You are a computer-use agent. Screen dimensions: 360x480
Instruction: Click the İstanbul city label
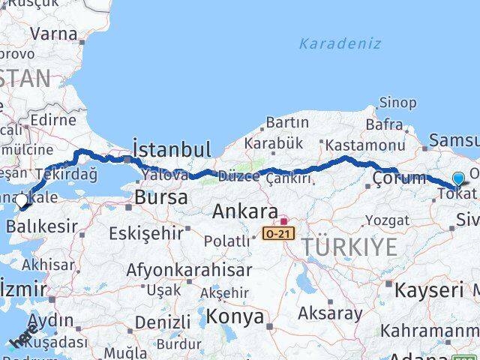coord(171,147)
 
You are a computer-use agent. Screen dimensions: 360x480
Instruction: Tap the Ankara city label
coord(245,211)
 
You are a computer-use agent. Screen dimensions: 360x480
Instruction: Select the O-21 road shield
coord(276,235)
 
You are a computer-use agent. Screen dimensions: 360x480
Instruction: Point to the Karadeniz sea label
coord(340,43)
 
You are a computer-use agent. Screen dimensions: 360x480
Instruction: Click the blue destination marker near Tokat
coord(458,178)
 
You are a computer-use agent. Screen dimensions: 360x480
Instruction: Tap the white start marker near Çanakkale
coord(21,200)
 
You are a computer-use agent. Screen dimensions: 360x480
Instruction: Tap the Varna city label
coord(54,33)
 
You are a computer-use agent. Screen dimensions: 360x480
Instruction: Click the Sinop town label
coord(397,102)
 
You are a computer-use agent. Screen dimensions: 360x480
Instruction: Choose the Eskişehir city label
coord(145,233)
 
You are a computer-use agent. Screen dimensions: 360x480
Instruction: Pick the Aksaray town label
coord(330,312)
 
